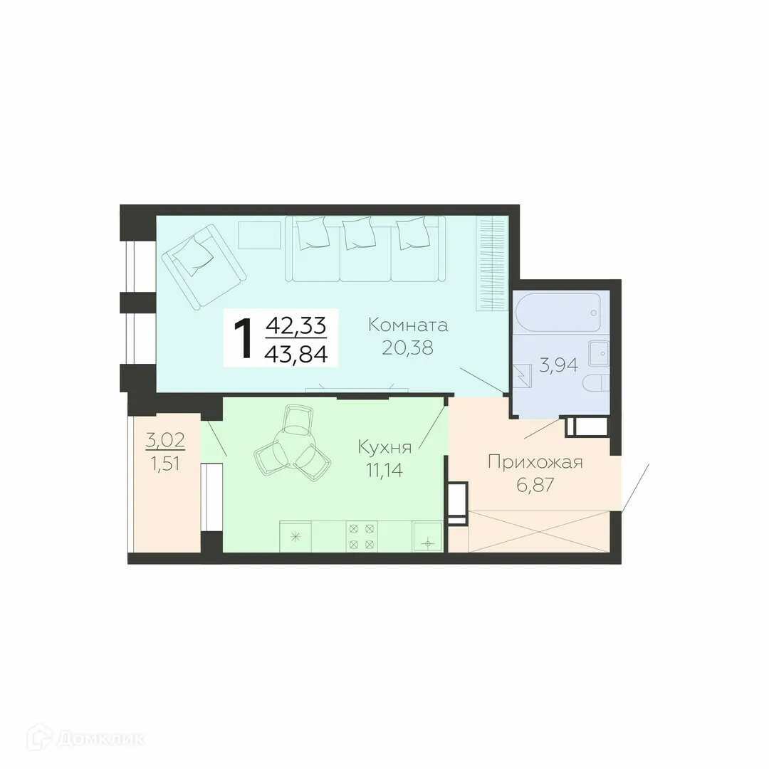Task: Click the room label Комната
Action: pos(408,325)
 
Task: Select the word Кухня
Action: pos(385,447)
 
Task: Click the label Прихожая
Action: pos(535,463)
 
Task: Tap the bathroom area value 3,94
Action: pos(558,367)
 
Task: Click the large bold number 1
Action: pos(243,338)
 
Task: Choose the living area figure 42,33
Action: pos(296,326)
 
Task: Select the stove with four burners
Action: pos(361,536)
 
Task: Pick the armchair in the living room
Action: pos(203,263)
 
